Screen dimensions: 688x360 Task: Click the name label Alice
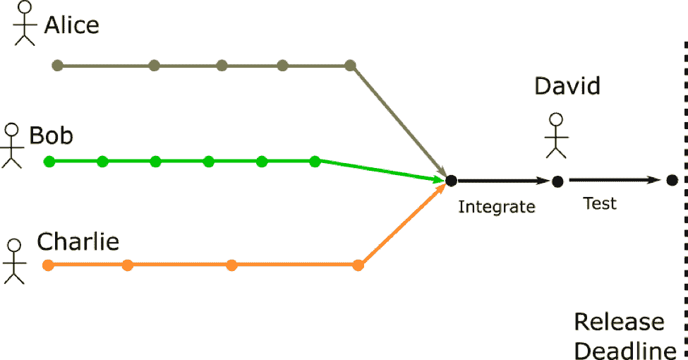click(71, 25)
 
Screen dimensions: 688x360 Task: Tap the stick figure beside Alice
click(25, 23)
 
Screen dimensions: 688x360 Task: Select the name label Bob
click(52, 135)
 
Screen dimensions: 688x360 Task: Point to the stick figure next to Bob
click(11, 145)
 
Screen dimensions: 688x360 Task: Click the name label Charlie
click(78, 242)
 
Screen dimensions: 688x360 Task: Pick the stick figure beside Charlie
click(14, 260)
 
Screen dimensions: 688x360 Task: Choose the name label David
click(567, 86)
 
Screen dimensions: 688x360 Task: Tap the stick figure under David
click(557, 135)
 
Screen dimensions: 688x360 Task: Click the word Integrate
click(497, 207)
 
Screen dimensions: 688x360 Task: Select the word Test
click(600, 203)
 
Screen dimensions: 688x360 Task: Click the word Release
click(619, 323)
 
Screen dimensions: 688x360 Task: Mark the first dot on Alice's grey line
click(58, 66)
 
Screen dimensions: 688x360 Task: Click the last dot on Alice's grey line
click(350, 66)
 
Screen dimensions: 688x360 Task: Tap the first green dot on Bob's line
click(49, 162)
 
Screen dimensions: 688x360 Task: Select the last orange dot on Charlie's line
click(358, 265)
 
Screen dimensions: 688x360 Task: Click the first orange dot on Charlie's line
click(48, 265)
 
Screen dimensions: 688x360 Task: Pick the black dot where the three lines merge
click(451, 181)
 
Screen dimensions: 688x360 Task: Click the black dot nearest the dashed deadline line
click(672, 181)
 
